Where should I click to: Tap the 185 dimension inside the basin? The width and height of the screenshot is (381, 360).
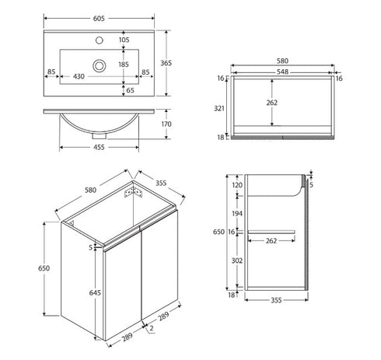[124, 65]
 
